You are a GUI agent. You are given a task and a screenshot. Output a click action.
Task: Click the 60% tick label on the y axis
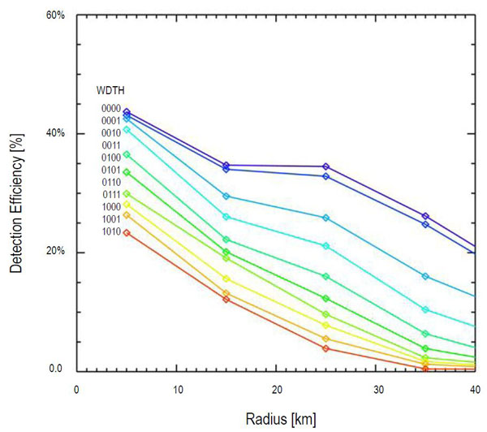[54, 15]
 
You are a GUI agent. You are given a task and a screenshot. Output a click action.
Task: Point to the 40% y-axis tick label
[54, 134]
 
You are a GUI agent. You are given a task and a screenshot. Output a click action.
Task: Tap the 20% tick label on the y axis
[54, 253]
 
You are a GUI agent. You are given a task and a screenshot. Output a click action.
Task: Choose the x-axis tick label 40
[476, 389]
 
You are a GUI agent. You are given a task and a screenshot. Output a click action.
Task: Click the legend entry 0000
[110, 108]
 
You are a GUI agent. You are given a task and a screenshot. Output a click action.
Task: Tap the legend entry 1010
[110, 232]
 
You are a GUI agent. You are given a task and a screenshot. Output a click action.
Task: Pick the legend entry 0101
[110, 171]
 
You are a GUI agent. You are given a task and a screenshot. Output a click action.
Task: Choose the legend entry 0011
[110, 145]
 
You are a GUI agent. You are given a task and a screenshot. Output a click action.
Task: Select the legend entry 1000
[110, 207]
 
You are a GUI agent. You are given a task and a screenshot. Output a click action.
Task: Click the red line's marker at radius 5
[127, 233]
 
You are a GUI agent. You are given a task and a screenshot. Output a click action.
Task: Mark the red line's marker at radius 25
[326, 348]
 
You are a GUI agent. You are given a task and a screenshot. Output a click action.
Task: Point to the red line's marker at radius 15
[226, 300]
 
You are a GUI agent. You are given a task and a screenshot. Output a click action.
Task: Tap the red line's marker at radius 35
[426, 369]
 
